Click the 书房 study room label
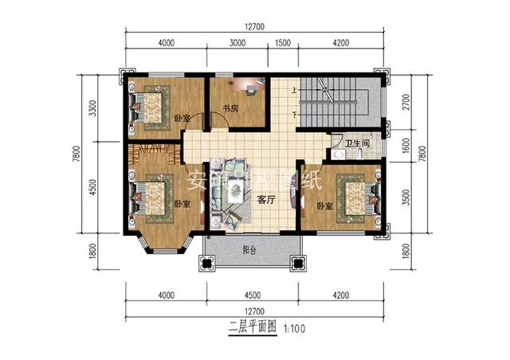click(231, 109)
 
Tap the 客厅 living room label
click(265, 201)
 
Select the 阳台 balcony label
click(249, 250)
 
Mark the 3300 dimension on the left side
click(93, 108)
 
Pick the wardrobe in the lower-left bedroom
click(149, 147)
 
